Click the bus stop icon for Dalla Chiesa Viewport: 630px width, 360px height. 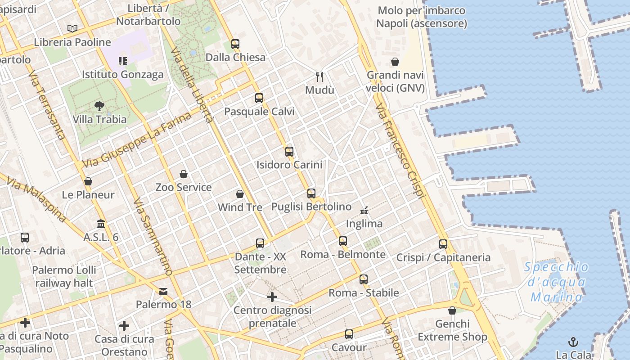point(235,44)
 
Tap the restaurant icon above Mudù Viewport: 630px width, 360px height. point(319,76)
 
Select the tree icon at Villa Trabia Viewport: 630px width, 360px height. point(99,106)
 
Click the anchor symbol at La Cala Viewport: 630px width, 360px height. point(573,342)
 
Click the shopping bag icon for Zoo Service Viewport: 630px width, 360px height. point(184,174)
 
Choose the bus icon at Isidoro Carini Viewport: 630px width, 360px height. point(289,152)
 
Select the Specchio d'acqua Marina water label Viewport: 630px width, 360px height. point(557,282)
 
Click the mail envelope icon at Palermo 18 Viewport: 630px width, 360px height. point(163,292)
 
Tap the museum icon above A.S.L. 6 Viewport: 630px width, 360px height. point(101,224)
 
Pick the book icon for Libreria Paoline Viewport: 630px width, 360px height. point(72,29)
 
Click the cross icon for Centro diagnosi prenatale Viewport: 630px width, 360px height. point(272,297)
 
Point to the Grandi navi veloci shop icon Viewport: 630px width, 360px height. point(395,62)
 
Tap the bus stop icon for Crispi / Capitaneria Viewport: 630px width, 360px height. point(443,244)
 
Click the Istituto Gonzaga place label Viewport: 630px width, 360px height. point(123,74)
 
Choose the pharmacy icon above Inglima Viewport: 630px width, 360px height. point(364,210)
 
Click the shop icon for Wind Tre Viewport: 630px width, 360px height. point(240,194)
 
